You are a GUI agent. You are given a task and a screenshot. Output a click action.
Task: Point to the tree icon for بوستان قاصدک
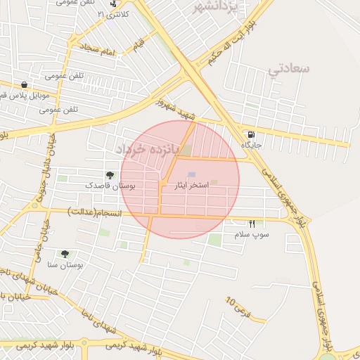[110, 175]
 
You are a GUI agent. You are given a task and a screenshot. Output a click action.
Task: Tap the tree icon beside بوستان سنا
[65, 254]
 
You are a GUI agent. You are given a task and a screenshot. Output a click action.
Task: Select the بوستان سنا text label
[65, 265]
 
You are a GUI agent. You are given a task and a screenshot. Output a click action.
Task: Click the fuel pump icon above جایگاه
[251, 134]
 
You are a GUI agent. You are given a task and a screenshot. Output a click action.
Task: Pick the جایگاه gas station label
[252, 145]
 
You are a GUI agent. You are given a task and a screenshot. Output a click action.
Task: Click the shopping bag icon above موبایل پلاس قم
[25, 84]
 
